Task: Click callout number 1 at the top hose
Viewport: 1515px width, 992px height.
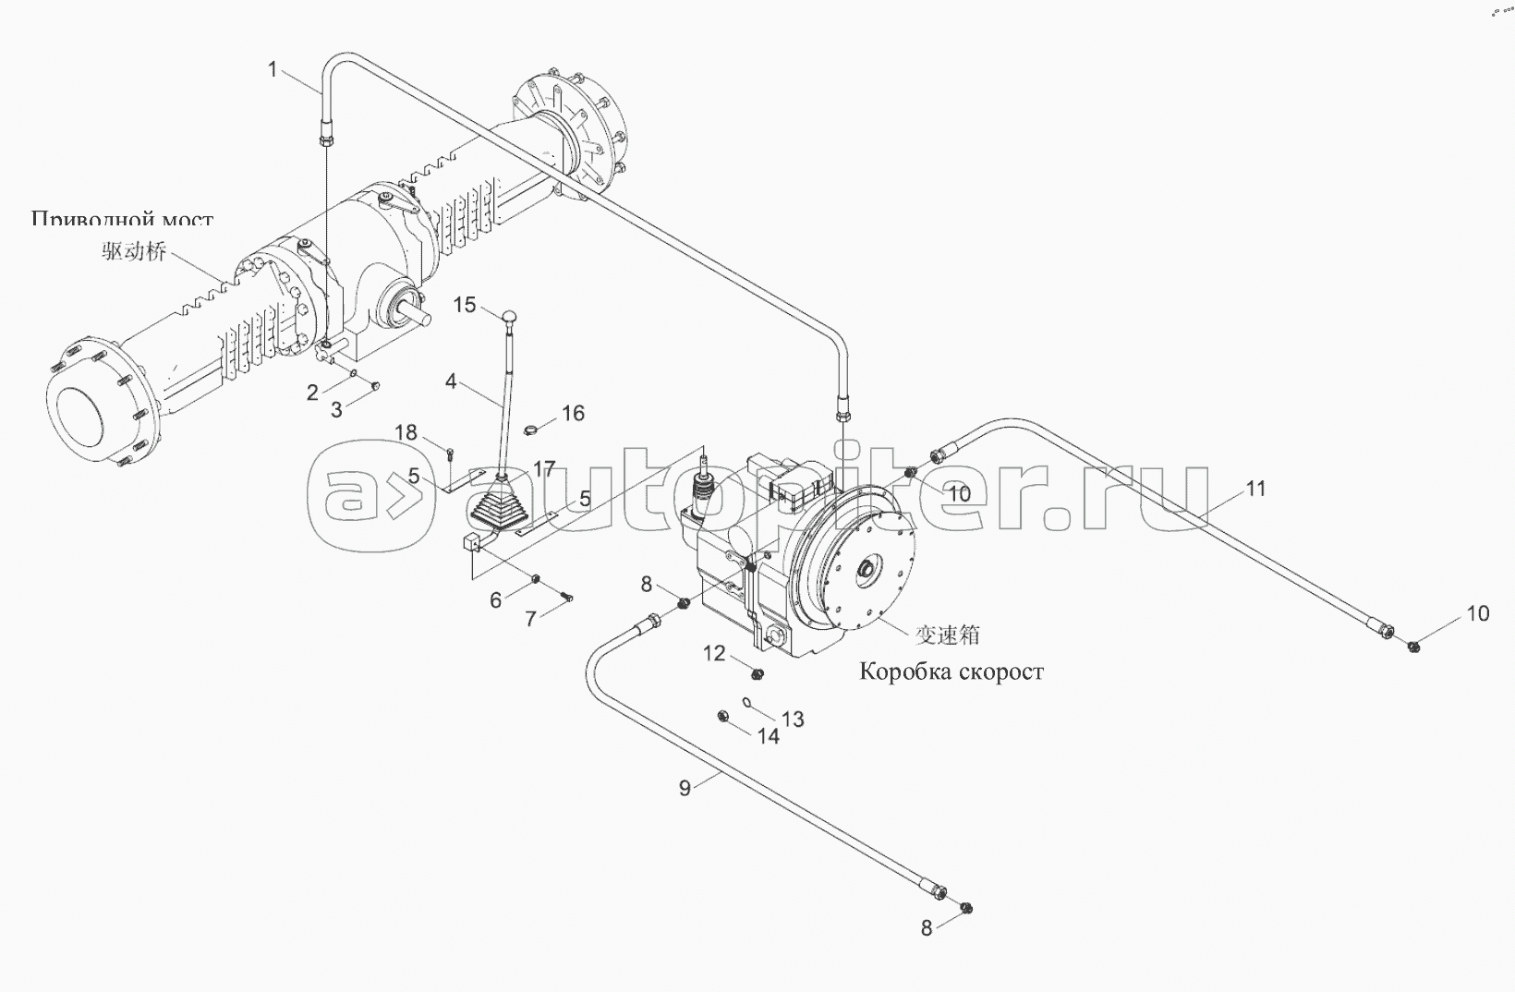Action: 273,68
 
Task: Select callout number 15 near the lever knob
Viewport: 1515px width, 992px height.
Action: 464,304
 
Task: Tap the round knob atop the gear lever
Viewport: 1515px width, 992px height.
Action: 509,319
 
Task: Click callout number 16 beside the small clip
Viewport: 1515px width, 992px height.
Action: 573,413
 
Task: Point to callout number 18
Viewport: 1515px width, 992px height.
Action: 406,433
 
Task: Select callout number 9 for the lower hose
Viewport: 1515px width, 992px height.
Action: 685,788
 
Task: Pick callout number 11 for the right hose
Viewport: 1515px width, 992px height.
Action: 1255,489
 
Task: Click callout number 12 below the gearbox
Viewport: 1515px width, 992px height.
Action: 715,654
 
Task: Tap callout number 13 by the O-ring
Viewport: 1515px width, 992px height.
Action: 793,719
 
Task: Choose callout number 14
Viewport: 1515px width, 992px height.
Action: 768,736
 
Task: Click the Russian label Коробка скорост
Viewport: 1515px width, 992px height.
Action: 951,671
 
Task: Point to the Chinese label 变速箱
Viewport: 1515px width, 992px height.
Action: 947,635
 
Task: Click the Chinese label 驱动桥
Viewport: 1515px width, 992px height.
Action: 134,251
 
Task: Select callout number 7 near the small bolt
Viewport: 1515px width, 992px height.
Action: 530,619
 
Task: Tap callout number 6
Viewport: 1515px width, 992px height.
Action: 496,600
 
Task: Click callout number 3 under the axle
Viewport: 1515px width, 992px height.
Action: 336,409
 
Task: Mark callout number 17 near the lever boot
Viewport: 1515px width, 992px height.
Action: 544,469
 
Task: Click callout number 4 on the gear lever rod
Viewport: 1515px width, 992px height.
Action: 451,381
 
